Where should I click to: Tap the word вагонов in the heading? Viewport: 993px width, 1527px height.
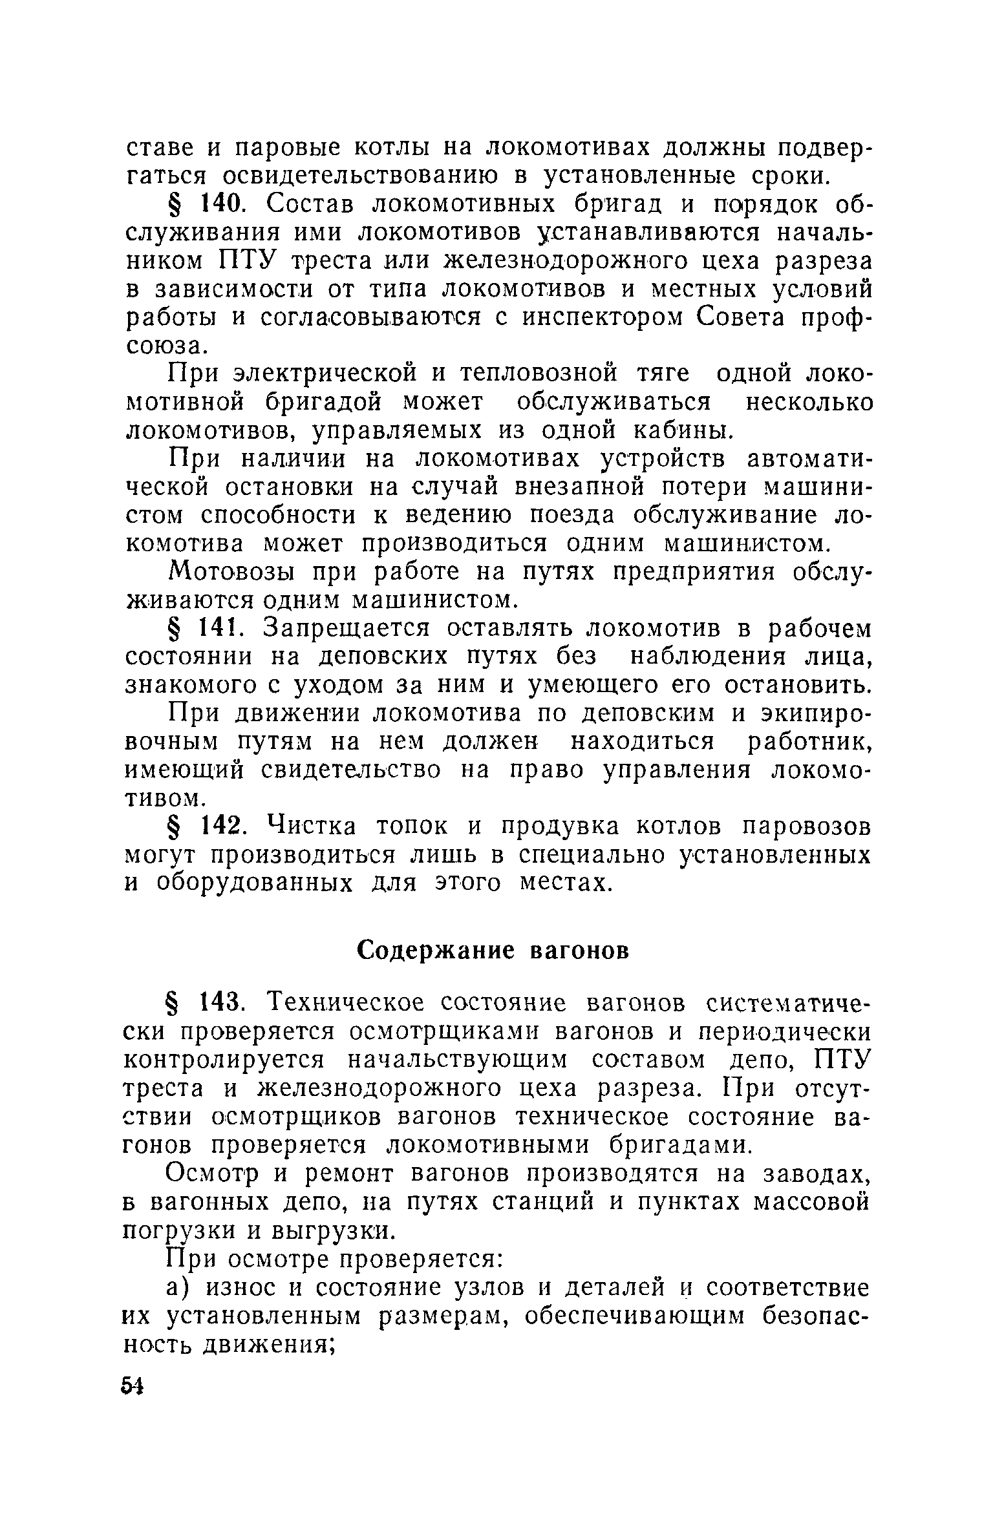pyautogui.click(x=579, y=951)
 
